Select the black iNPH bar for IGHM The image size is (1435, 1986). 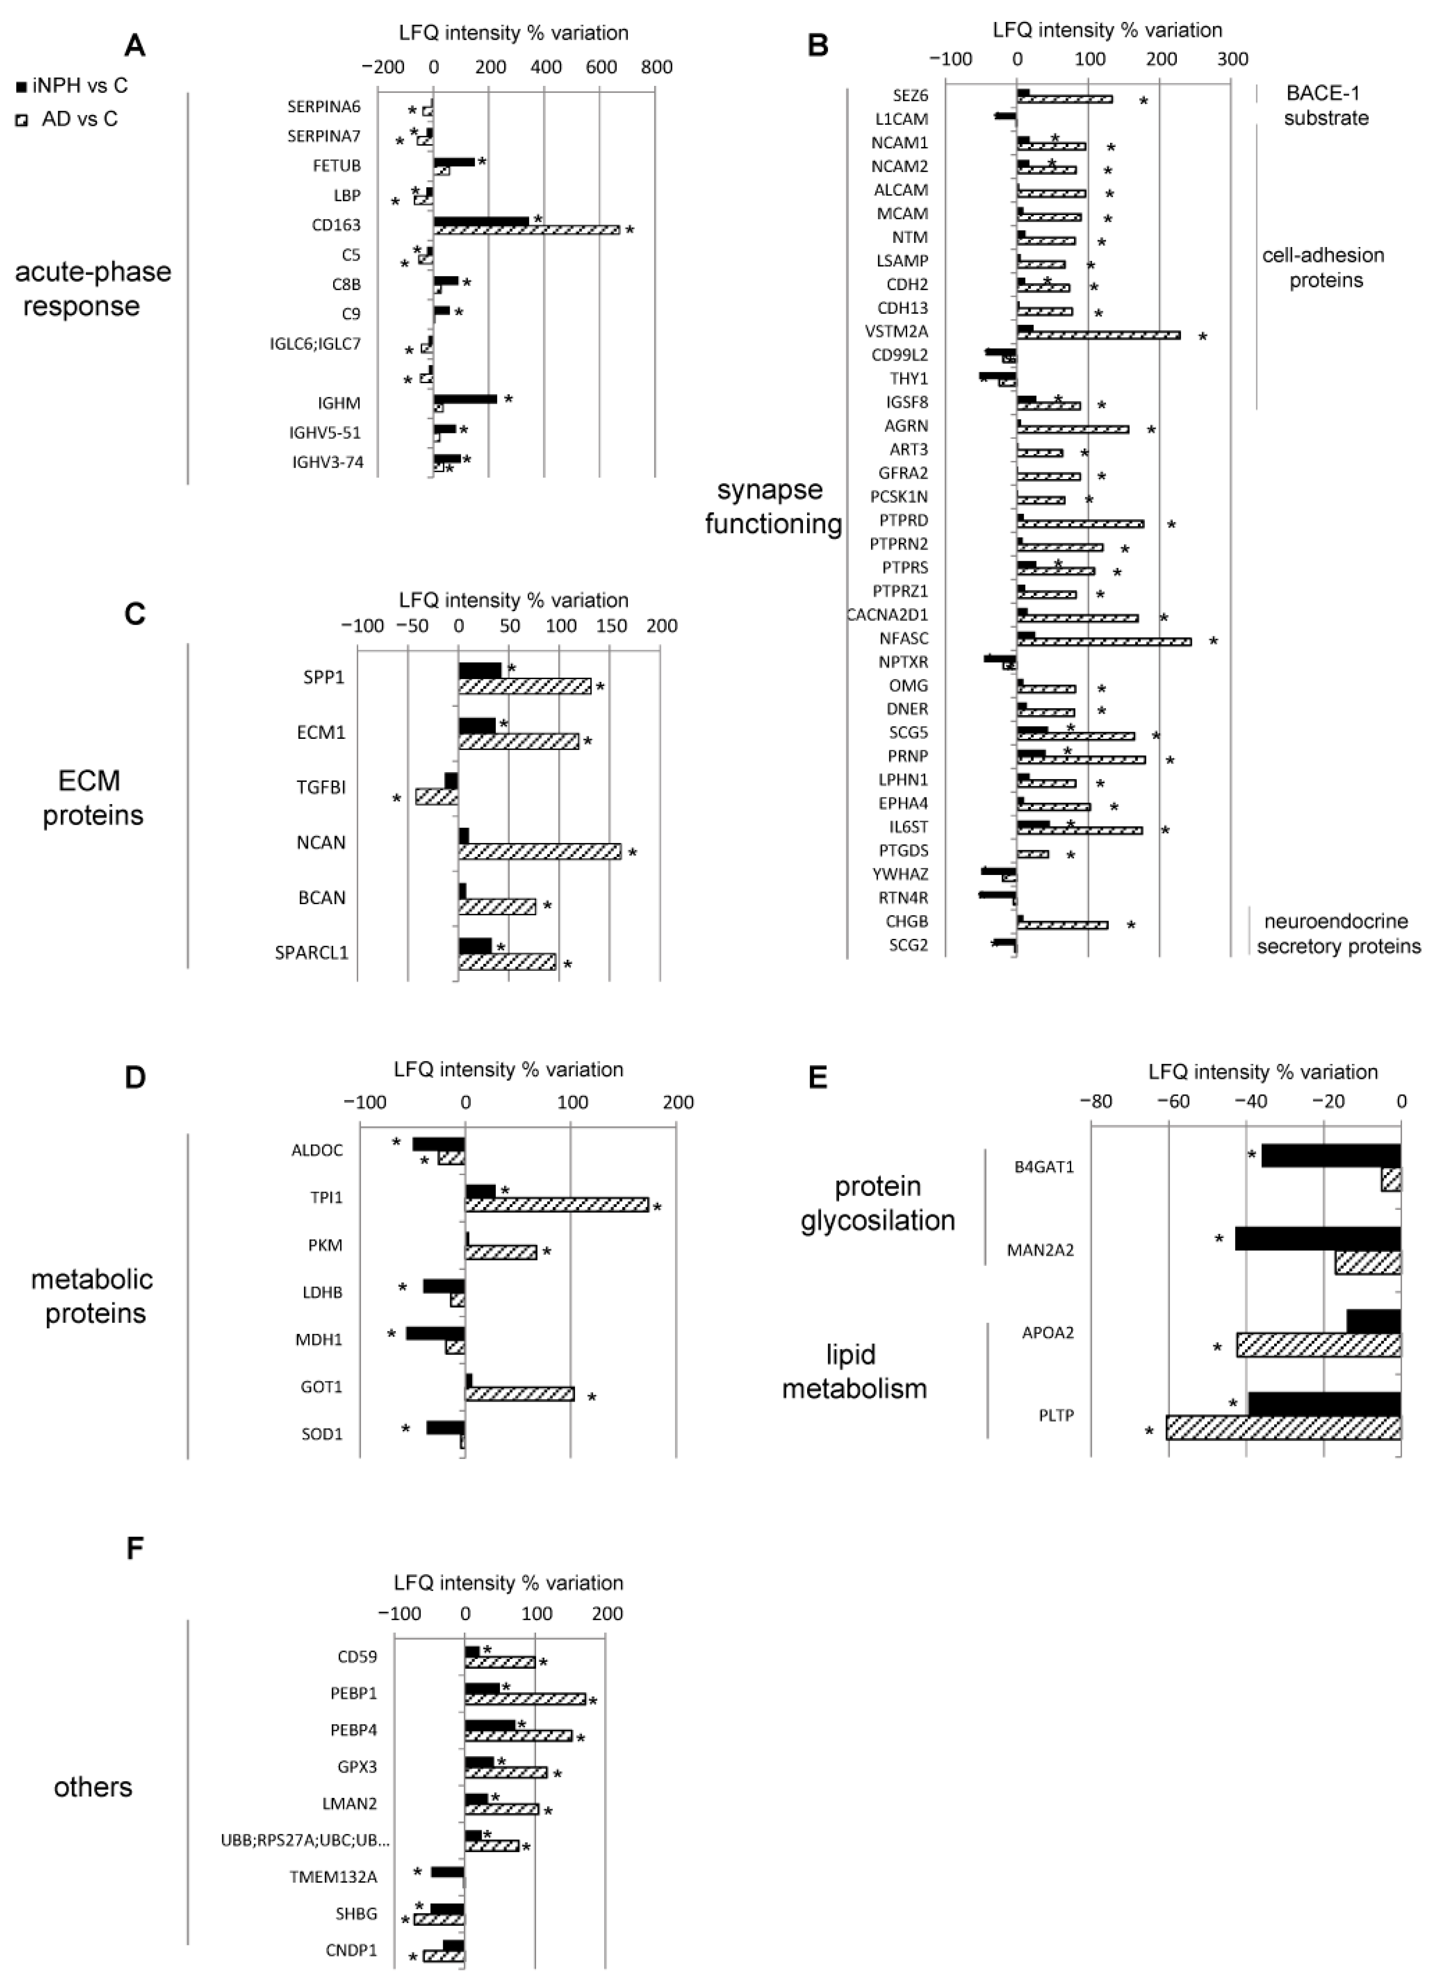point(465,398)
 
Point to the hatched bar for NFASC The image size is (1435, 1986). point(1104,642)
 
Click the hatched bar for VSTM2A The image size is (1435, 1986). point(1099,335)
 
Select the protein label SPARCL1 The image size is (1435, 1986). point(312,953)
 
